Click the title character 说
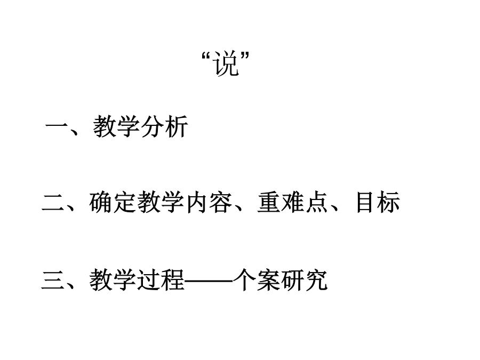(x=226, y=63)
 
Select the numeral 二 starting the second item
(x=53, y=202)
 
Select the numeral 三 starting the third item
(x=53, y=280)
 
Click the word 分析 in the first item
(x=164, y=126)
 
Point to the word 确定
(x=113, y=202)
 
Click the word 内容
(x=209, y=202)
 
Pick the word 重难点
(x=293, y=202)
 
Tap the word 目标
(x=378, y=202)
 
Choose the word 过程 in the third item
(x=161, y=280)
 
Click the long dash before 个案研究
(x=209, y=280)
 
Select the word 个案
(x=257, y=280)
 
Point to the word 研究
(x=304, y=280)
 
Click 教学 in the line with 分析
(x=117, y=126)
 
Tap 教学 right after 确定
(x=161, y=202)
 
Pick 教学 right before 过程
(x=113, y=280)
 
